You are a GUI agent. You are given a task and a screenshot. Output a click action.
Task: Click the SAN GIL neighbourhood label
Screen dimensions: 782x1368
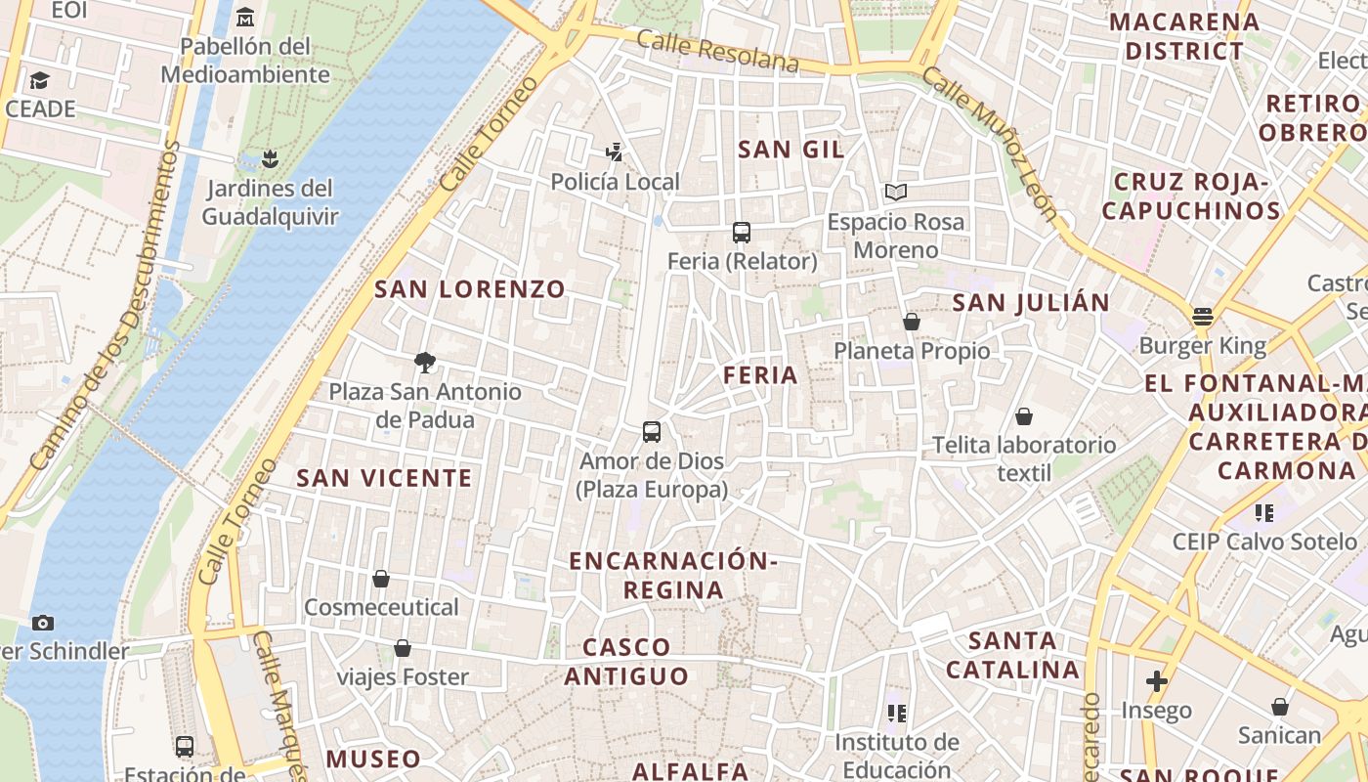point(791,150)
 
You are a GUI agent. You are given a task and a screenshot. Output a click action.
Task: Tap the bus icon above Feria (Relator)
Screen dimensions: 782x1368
point(742,233)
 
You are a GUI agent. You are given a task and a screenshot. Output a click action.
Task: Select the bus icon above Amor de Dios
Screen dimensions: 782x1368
point(652,432)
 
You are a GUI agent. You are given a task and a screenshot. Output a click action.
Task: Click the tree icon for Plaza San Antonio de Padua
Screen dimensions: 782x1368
point(424,363)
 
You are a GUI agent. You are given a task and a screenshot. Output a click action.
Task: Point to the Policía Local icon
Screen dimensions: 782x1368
point(615,152)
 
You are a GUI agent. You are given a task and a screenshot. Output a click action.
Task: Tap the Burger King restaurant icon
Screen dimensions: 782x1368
point(1202,317)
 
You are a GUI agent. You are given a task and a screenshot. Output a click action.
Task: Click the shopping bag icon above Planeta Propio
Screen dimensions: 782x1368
point(912,322)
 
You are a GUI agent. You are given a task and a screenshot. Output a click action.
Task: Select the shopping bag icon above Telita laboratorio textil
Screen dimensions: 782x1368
point(1024,416)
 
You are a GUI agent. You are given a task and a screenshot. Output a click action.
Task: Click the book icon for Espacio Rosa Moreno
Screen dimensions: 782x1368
point(896,193)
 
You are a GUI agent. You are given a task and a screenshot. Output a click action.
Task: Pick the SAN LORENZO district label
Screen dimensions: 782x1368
point(470,289)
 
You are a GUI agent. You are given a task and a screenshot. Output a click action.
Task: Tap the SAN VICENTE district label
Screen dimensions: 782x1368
point(384,478)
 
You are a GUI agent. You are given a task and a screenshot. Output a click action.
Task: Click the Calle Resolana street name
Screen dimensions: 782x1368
point(717,51)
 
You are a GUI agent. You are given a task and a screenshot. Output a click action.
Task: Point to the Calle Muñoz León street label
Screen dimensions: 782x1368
point(990,143)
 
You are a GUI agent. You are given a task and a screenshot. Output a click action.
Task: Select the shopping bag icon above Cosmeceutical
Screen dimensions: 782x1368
point(381,579)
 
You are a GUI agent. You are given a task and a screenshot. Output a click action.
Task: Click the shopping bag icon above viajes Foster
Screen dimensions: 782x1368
point(403,648)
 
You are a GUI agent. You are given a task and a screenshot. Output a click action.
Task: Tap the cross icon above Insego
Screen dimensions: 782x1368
point(1157,681)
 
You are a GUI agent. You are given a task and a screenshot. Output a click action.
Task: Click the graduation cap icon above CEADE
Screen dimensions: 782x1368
point(40,80)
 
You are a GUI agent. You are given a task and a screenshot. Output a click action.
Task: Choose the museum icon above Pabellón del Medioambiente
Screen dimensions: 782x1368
point(245,17)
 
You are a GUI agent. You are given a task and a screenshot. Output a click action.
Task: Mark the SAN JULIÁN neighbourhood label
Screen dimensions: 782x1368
point(1031,303)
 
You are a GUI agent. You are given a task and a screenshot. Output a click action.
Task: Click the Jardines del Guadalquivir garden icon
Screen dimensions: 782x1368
point(271,158)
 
